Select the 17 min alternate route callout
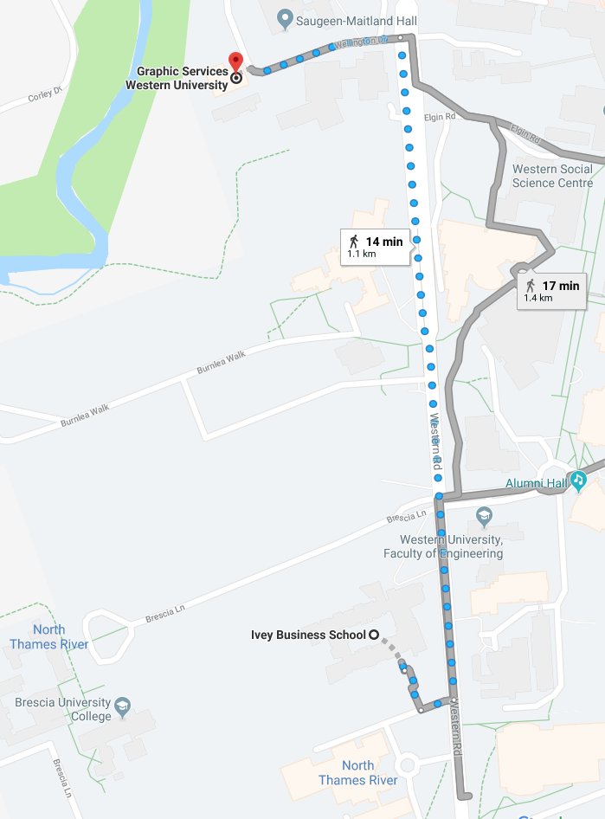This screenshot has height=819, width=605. [552, 290]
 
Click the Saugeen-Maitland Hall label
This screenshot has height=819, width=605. [343, 18]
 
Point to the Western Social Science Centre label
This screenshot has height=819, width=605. [552, 176]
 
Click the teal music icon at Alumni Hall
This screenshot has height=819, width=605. [577, 481]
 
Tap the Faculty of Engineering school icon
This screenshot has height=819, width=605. [485, 517]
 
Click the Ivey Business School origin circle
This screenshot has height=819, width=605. [374, 635]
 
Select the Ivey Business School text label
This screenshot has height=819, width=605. [308, 635]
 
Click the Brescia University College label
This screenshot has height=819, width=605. [62, 709]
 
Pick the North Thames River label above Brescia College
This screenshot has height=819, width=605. [48, 636]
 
